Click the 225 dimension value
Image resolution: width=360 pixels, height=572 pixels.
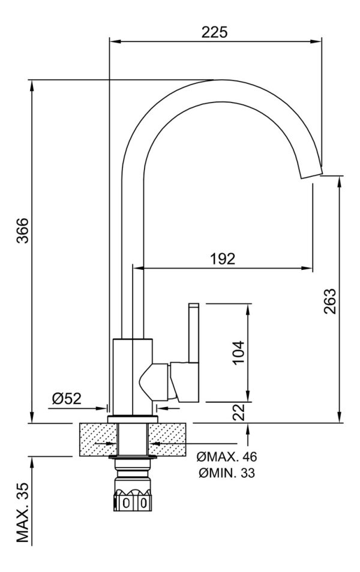(x=214, y=32)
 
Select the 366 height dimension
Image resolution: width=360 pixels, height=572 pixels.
(x=23, y=231)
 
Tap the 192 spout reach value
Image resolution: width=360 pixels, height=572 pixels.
(x=223, y=258)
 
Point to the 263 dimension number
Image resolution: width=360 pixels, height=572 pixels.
(x=329, y=302)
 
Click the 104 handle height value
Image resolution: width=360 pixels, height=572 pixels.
(x=238, y=353)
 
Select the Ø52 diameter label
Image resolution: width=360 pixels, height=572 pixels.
(x=67, y=399)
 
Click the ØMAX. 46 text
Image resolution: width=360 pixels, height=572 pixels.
(x=226, y=456)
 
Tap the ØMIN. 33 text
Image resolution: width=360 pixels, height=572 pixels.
(x=227, y=473)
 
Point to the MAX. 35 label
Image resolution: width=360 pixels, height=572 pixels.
(x=23, y=512)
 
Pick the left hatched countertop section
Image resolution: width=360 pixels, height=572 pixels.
(x=97, y=439)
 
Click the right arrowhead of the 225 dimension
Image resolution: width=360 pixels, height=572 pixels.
(x=316, y=41)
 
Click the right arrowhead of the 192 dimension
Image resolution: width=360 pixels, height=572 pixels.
(x=307, y=269)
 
